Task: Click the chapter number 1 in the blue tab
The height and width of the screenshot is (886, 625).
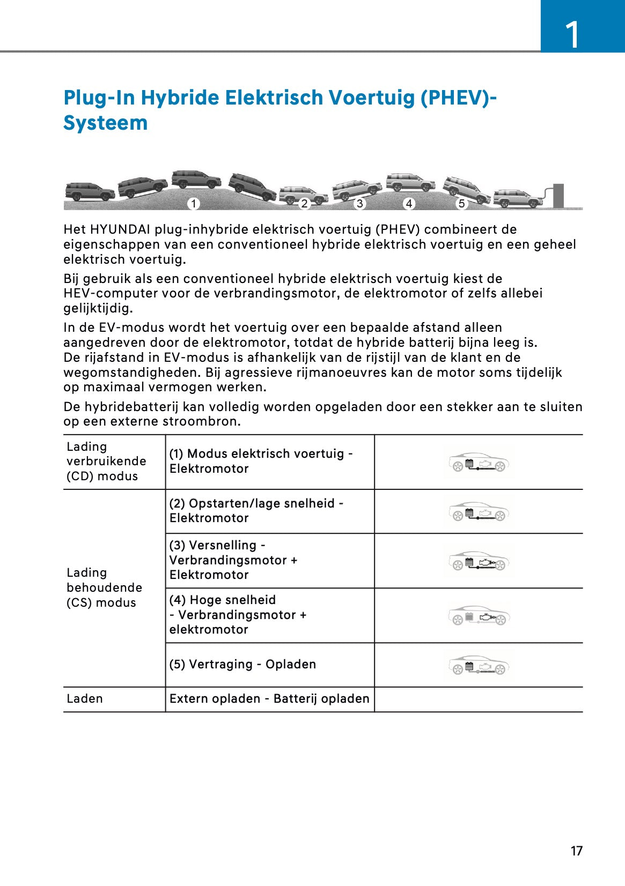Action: click(573, 34)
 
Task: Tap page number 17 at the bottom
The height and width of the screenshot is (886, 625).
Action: click(576, 851)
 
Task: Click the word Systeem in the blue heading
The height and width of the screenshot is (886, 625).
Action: click(106, 123)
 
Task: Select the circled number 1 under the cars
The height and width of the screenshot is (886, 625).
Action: click(193, 203)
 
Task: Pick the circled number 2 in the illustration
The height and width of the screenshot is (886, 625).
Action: click(304, 203)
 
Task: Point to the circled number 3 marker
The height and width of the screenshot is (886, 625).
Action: click(359, 203)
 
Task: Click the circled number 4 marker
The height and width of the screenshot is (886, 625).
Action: click(409, 203)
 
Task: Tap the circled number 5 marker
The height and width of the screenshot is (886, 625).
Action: click(461, 203)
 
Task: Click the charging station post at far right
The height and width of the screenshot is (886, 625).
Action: click(558, 195)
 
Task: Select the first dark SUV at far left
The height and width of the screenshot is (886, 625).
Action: click(89, 191)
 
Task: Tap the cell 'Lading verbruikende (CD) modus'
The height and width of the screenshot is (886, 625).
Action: click(106, 461)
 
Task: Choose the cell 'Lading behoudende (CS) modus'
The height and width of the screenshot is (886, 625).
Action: click(104, 587)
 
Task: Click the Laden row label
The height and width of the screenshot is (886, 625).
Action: click(85, 698)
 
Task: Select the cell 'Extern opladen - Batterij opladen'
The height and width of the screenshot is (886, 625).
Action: click(269, 698)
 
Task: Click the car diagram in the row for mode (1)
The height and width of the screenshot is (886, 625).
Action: click(478, 463)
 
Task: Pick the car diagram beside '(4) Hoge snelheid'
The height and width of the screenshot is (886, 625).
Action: click(478, 616)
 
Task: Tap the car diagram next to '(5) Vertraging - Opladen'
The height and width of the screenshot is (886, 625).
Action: click(478, 666)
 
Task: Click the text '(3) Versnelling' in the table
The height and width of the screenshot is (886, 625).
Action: click(213, 545)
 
